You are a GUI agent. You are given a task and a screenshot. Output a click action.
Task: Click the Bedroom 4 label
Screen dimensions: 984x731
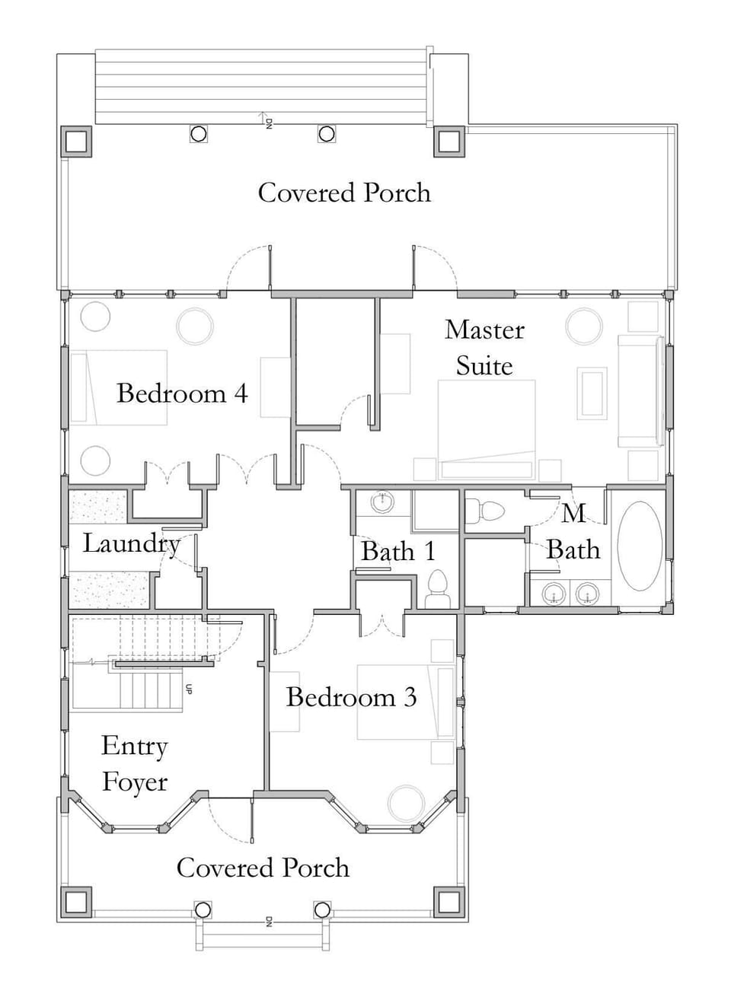point(182,393)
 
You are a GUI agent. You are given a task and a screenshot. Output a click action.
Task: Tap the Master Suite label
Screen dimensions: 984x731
point(484,348)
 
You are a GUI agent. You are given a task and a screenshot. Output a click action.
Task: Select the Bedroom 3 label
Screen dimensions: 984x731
point(351,697)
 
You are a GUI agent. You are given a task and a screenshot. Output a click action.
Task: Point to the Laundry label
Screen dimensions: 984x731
point(131,543)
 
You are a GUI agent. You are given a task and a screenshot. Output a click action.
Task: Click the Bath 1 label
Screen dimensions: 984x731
point(397,551)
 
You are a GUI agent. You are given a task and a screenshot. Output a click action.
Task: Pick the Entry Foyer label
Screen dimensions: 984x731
point(135,764)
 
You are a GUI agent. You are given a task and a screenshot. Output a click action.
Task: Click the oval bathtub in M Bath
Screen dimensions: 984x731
point(639,546)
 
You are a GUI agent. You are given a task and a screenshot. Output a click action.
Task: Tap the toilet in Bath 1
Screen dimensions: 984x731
point(437,590)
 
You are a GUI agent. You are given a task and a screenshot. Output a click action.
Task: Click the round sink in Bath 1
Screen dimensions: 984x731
point(381,503)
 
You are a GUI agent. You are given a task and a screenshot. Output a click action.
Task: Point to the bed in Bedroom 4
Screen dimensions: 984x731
point(119,387)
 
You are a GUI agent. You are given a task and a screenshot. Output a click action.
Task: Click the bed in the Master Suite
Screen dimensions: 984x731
point(487,430)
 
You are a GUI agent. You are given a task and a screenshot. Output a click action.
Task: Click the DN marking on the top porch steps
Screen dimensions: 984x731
point(267,122)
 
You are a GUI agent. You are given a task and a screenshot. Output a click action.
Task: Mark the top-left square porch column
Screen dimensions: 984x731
point(76,142)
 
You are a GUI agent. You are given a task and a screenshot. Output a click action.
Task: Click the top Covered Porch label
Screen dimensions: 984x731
point(344,193)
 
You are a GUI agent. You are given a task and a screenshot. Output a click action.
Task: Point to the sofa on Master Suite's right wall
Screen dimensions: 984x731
point(640,390)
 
